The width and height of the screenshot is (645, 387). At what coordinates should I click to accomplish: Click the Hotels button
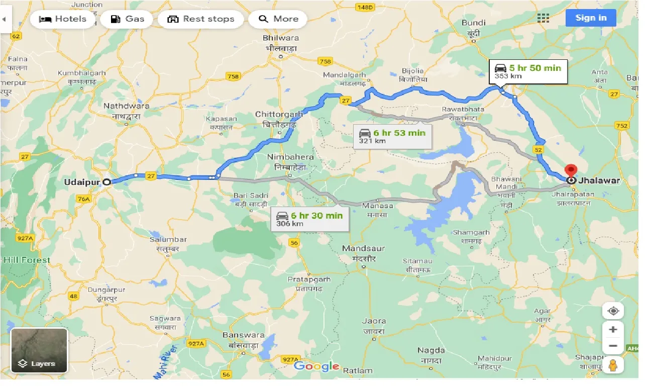(x=62, y=19)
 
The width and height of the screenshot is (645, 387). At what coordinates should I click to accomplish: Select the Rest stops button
(x=200, y=19)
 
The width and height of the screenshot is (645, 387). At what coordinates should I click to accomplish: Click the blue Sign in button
(x=591, y=18)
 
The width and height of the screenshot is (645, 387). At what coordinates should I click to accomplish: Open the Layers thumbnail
(x=39, y=350)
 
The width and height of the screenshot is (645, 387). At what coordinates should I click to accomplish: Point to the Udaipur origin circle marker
(x=106, y=182)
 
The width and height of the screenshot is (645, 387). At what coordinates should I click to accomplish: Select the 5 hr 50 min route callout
(x=528, y=71)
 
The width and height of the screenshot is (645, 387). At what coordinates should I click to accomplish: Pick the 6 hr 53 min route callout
(x=392, y=136)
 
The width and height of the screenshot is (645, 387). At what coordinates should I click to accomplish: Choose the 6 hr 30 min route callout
(x=309, y=219)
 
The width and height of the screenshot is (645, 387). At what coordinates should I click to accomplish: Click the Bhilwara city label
(x=281, y=38)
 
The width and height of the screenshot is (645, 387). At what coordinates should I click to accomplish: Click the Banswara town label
(x=243, y=335)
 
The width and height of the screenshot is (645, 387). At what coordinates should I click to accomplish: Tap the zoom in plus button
(x=613, y=330)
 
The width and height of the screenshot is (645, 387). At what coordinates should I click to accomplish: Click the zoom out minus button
(x=613, y=346)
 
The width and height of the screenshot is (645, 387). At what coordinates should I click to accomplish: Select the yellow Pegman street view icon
(x=613, y=365)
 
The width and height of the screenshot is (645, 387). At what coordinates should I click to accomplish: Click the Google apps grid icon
(x=543, y=18)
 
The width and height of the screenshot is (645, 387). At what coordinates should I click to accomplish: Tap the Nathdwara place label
(x=126, y=106)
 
